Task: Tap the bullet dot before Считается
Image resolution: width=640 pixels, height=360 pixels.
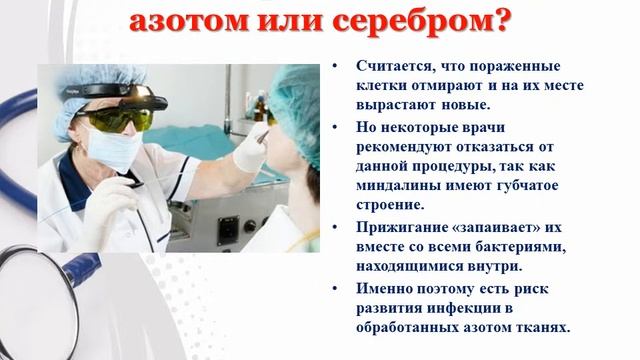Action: pyautogui.click(x=336, y=66)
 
